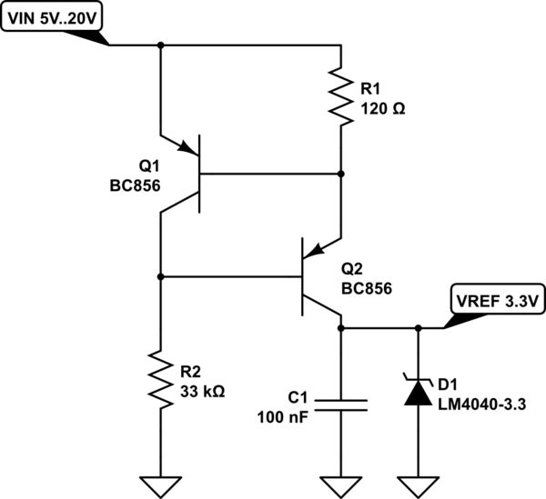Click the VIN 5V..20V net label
coord(53,15)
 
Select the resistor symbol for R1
coord(340,96)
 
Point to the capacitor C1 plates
coord(341,404)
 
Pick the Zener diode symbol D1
coord(418,390)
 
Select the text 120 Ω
coord(383,106)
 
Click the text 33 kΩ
coord(202,392)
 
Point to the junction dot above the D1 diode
coord(418,328)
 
